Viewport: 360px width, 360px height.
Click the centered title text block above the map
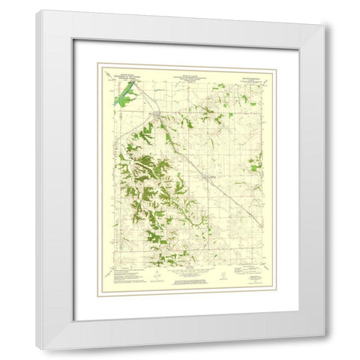click(187, 70)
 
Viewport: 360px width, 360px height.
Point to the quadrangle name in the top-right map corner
click(259, 71)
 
